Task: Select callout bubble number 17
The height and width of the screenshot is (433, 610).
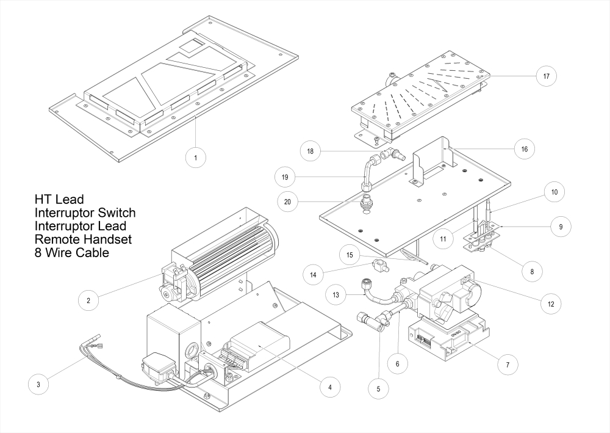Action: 546,77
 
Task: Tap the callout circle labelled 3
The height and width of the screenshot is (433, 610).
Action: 39,384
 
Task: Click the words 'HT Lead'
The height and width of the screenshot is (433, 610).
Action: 59,200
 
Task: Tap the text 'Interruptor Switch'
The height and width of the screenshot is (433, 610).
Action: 85,213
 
